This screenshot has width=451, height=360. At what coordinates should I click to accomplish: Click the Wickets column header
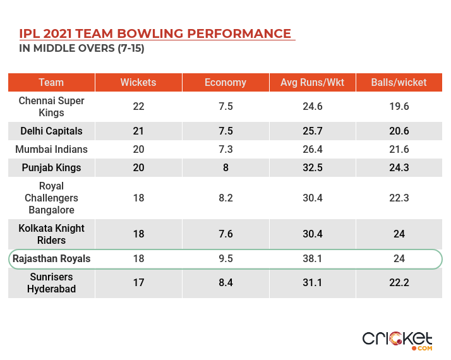pyautogui.click(x=138, y=82)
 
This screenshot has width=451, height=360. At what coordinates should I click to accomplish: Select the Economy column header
pyautogui.click(x=225, y=82)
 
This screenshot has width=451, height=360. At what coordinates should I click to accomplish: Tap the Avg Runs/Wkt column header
pyautogui.click(x=312, y=82)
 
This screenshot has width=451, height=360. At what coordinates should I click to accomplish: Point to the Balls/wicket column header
pyautogui.click(x=399, y=82)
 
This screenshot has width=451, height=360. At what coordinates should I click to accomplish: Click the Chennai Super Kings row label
pyautogui.click(x=51, y=106)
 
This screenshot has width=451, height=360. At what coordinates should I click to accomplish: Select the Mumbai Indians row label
pyautogui.click(x=51, y=150)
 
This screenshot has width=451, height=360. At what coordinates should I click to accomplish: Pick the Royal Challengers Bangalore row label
pyautogui.click(x=51, y=198)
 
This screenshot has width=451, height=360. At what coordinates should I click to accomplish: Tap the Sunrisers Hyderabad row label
pyautogui.click(x=51, y=283)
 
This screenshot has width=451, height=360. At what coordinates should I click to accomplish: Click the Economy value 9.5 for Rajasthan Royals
pyautogui.click(x=225, y=259)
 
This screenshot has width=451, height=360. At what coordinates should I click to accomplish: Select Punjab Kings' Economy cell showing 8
pyautogui.click(x=225, y=168)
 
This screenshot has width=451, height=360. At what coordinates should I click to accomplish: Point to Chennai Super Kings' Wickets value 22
pyautogui.click(x=138, y=106)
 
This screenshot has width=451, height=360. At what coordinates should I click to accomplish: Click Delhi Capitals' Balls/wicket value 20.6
pyautogui.click(x=399, y=131)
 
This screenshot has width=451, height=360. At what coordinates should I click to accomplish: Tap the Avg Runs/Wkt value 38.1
pyautogui.click(x=312, y=259)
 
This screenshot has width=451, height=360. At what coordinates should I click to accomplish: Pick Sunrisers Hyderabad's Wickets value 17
pyautogui.click(x=138, y=283)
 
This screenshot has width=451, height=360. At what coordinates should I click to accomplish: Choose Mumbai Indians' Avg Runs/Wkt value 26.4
pyautogui.click(x=312, y=150)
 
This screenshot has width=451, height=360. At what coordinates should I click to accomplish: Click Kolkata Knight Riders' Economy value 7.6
pyautogui.click(x=225, y=234)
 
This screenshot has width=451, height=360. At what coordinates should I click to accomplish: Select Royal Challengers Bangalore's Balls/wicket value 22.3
pyautogui.click(x=399, y=198)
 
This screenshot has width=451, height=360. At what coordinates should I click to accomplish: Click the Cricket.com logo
pyautogui.click(x=397, y=340)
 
